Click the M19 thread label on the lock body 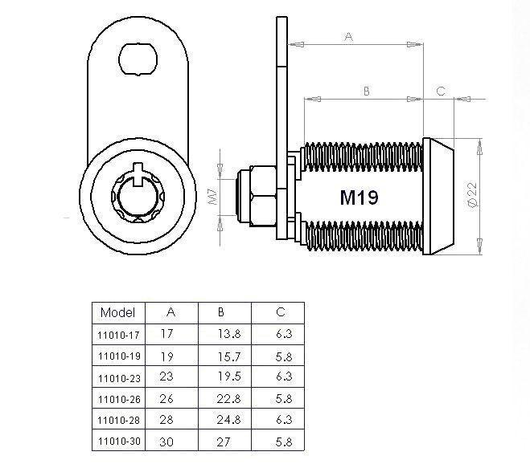(359, 197)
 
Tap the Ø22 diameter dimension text (472, 195)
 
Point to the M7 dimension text (213, 197)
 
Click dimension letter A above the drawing (349, 36)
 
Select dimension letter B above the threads (367, 91)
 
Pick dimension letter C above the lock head (441, 91)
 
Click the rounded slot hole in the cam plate (138, 59)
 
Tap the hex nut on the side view (263, 196)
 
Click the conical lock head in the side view (438, 196)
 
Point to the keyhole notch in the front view (138, 174)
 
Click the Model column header (117, 312)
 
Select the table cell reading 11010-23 (119, 378)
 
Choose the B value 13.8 (229, 334)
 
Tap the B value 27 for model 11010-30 (224, 442)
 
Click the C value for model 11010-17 (284, 334)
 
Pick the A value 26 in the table (166, 398)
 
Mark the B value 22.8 (229, 399)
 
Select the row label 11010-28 (119, 420)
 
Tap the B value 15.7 (229, 356)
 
